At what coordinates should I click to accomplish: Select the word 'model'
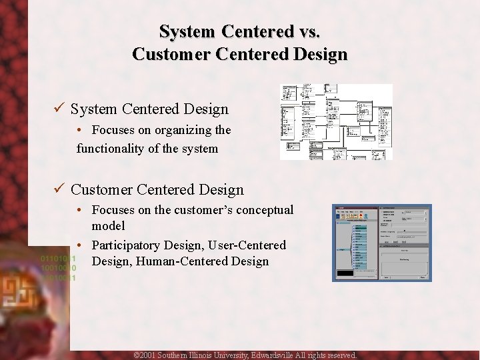pyautogui.click(x=108, y=226)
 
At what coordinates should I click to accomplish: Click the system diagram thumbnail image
pyautogui.click(x=335, y=122)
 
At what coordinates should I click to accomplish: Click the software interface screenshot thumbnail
pyautogui.click(x=381, y=243)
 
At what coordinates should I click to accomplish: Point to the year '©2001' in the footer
pyautogui.click(x=145, y=355)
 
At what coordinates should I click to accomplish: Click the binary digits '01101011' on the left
pyautogui.click(x=59, y=258)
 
